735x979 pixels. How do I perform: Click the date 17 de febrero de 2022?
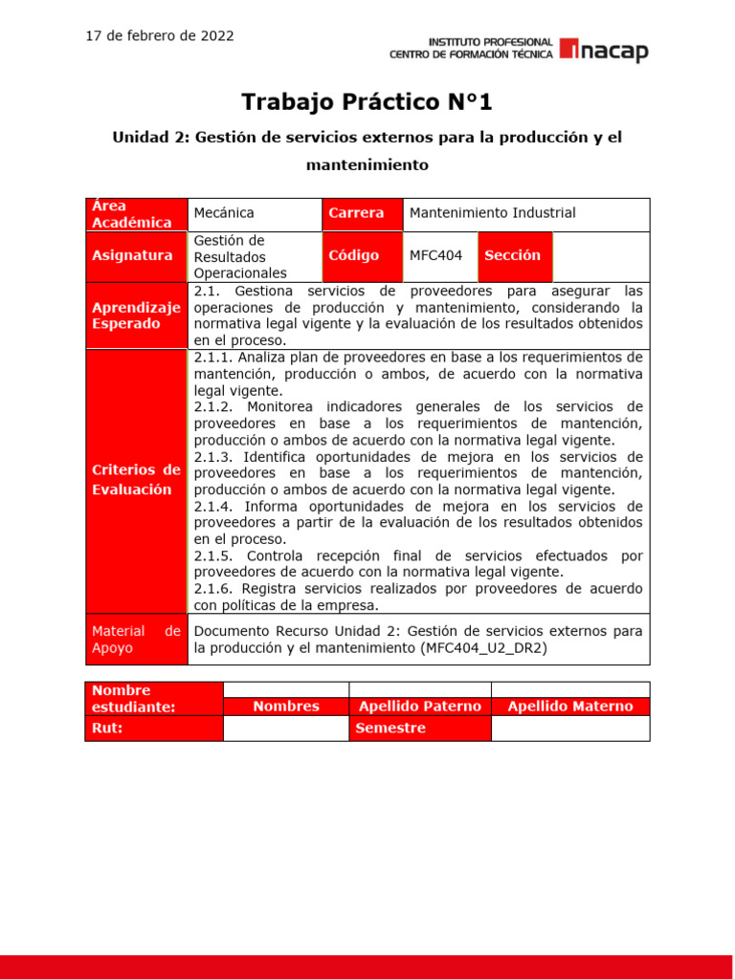pos(160,36)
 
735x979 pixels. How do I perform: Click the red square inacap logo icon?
pos(568,50)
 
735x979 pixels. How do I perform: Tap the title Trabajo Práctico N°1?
pos(367,101)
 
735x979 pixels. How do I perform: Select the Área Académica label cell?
pos(136,214)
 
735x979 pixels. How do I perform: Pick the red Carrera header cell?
pos(362,213)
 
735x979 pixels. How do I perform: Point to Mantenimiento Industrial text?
pos(492,213)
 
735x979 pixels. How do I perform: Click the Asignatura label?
pos(133,255)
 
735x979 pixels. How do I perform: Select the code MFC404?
pos(435,255)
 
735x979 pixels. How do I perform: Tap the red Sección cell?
pos(513,255)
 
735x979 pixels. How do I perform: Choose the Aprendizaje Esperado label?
pos(136,315)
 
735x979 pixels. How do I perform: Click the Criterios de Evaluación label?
pos(136,480)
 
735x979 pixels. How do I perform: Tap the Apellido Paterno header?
pos(419,707)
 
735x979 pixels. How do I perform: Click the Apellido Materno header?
pos(569,707)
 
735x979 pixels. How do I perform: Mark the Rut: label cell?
pos(153,728)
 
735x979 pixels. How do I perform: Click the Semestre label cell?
pos(419,728)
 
